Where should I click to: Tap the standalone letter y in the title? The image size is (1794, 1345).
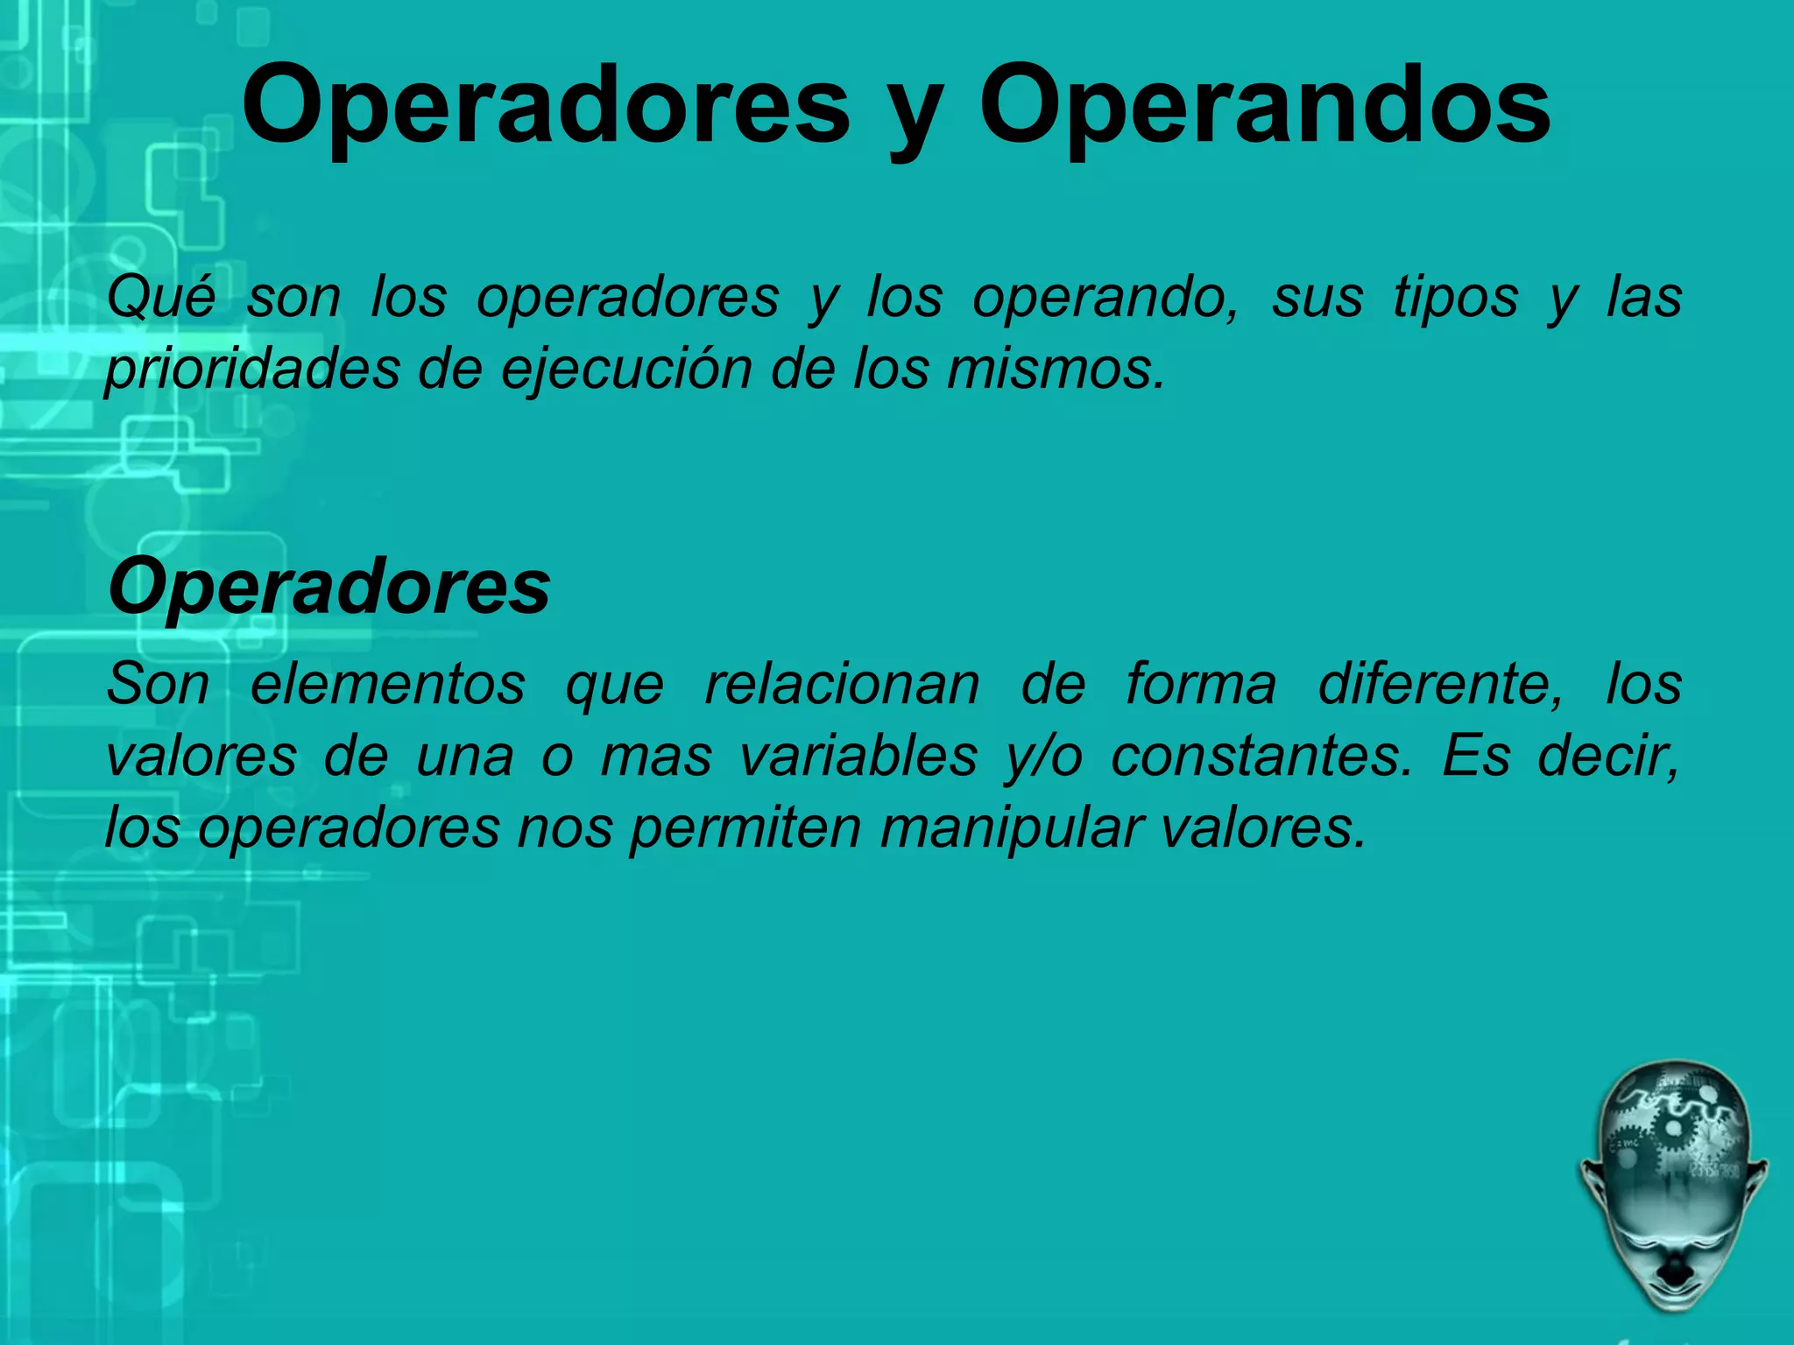coord(915,118)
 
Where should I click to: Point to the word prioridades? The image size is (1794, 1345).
coord(252,369)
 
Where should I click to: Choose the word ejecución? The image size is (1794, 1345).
coord(627,369)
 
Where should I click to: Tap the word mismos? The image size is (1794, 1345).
coord(1056,369)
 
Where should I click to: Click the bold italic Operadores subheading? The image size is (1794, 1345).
coord(329,587)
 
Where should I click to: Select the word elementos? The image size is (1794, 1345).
coord(388,684)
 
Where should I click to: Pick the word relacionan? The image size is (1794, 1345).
coord(842,684)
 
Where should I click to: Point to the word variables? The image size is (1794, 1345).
coord(858,756)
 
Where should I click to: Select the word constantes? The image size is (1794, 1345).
coord(1261,756)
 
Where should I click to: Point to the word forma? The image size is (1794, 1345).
coord(1201,684)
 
